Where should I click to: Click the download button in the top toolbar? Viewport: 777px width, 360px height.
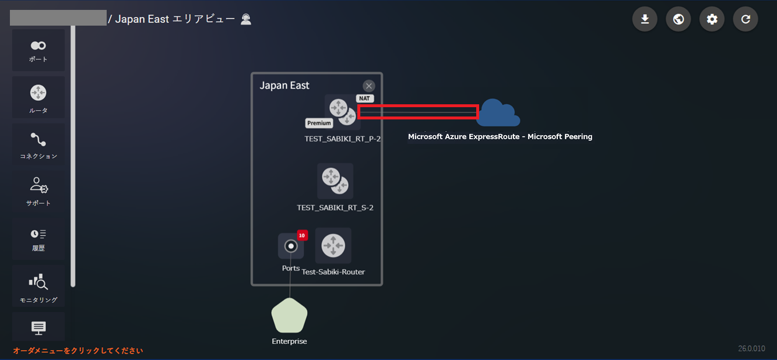(x=645, y=19)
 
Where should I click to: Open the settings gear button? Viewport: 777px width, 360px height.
(x=712, y=19)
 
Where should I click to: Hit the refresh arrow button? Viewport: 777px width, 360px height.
(x=746, y=19)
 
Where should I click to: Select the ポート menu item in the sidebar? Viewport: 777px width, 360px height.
(x=38, y=51)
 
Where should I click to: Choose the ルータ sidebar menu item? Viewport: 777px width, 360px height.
(x=38, y=98)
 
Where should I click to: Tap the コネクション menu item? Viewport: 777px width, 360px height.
(x=38, y=144)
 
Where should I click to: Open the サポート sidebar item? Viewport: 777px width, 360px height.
(x=38, y=191)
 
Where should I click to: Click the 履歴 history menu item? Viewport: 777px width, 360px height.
(x=38, y=238)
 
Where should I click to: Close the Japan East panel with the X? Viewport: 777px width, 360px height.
(x=368, y=86)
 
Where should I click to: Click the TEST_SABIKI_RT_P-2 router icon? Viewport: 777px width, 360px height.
(x=342, y=112)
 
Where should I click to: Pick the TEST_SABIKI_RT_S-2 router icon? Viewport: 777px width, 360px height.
(x=335, y=181)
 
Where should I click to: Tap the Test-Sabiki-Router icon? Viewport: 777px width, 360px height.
(x=333, y=245)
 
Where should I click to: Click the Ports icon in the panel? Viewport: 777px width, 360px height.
(x=290, y=246)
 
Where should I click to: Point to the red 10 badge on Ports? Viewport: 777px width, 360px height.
(x=302, y=235)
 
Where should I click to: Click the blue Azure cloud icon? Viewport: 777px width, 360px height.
(x=500, y=113)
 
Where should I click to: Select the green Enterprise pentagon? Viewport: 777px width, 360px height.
(x=289, y=316)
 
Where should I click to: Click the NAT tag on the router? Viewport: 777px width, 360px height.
(x=365, y=98)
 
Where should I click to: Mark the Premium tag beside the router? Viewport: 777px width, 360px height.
(x=319, y=123)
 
